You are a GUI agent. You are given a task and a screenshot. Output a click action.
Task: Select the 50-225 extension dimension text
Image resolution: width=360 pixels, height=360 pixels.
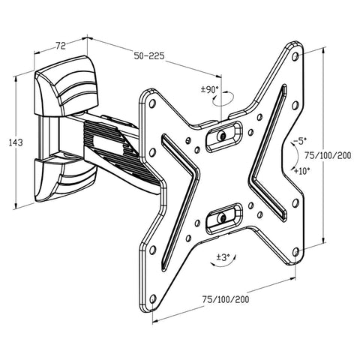(x=150, y=55)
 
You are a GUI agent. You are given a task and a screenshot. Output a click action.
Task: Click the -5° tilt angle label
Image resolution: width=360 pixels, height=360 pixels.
(x=299, y=140)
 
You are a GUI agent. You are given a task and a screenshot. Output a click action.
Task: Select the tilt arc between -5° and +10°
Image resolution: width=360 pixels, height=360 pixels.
(x=288, y=155)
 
